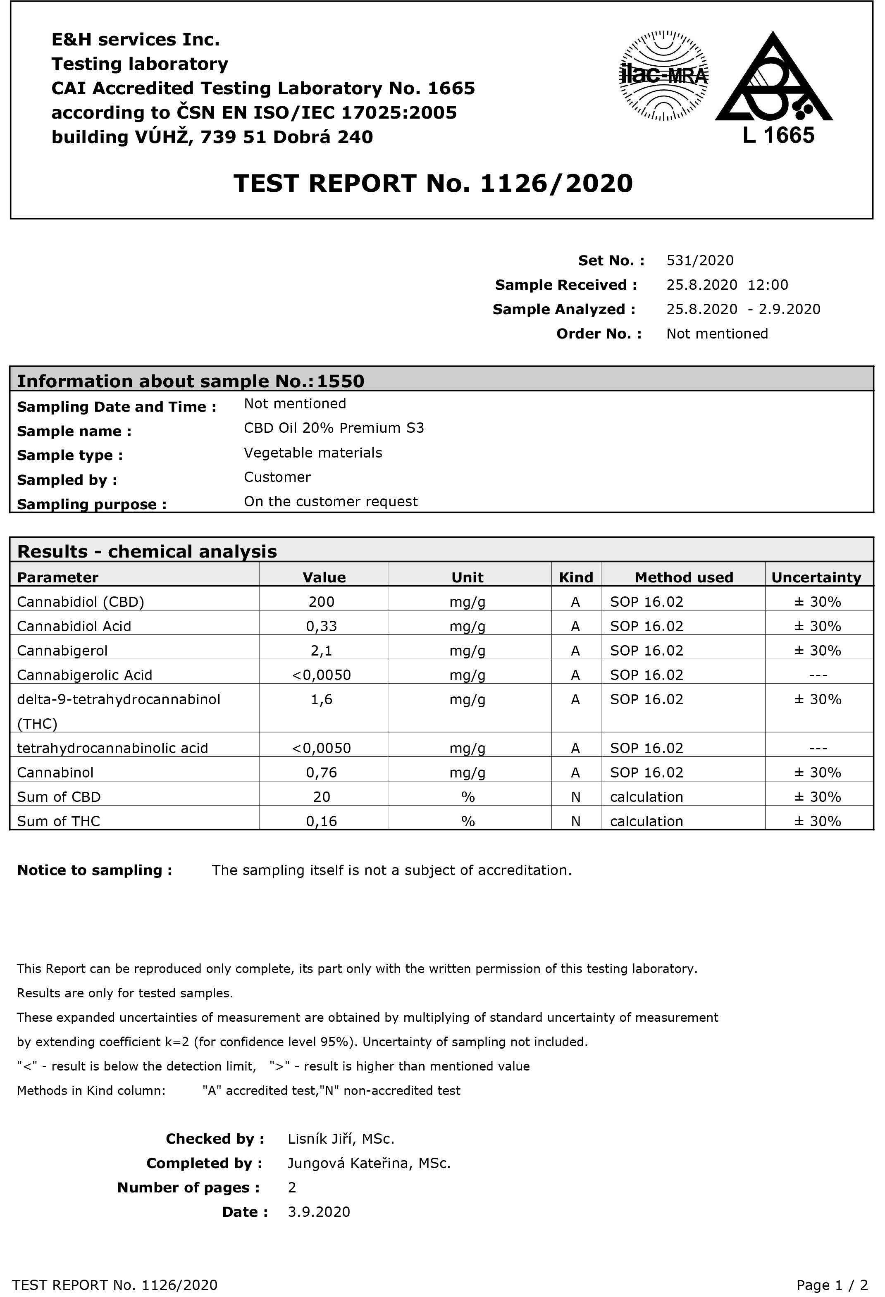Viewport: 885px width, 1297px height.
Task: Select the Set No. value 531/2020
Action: point(700,261)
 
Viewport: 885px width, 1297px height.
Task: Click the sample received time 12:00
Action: point(768,285)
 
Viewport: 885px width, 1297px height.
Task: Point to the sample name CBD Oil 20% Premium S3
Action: point(334,428)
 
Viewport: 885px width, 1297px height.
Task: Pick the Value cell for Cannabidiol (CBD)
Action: point(322,602)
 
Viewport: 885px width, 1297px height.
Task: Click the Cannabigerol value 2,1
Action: point(322,651)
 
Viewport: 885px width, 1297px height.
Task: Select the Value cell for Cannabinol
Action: point(322,772)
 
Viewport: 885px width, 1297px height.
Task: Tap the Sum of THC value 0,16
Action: point(322,821)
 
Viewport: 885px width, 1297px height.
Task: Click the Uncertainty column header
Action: point(816,578)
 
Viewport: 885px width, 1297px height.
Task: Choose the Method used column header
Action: point(684,578)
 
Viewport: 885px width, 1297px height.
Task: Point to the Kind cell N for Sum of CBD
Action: point(576,797)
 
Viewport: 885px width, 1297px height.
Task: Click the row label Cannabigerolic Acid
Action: point(84,675)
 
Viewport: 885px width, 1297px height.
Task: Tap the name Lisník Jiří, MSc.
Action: point(341,1139)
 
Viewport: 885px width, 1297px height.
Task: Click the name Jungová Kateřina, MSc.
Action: point(369,1163)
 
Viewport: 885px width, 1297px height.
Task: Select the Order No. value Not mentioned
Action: point(717,334)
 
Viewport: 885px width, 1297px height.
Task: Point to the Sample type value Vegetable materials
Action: point(312,453)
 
